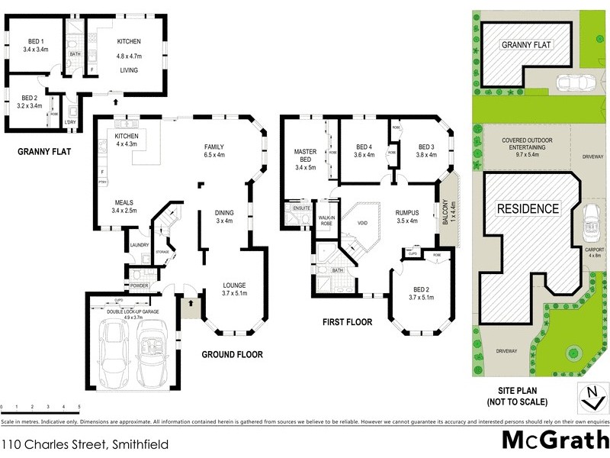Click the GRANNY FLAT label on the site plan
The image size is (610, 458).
pyautogui.click(x=525, y=45)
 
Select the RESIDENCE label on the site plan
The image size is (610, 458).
pyautogui.click(x=528, y=208)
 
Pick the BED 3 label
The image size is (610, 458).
pyautogui.click(x=426, y=150)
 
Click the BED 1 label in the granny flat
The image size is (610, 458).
pyautogui.click(x=35, y=44)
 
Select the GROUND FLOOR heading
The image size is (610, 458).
pyautogui.click(x=232, y=355)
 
